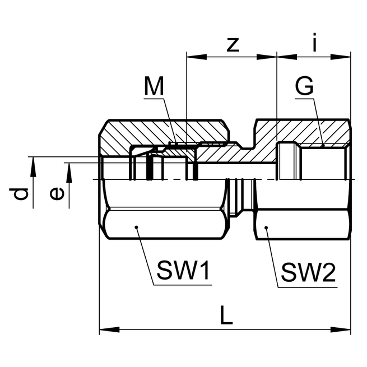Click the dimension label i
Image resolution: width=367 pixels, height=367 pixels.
[x=314, y=44]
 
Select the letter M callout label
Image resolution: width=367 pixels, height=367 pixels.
[x=154, y=87]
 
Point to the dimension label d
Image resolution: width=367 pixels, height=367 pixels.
[x=20, y=194]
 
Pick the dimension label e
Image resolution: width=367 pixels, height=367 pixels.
[x=55, y=194]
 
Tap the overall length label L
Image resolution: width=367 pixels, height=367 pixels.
[x=226, y=317]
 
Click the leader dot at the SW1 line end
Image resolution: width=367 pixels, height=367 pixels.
[x=136, y=227]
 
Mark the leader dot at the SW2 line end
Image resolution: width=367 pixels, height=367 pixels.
[x=267, y=227]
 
